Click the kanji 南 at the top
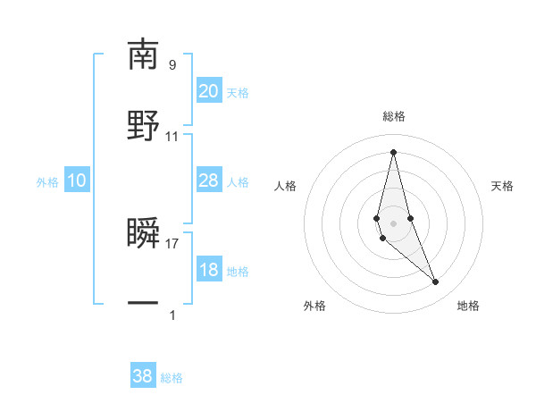pyautogui.click(x=143, y=55)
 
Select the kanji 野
pyautogui.click(x=143, y=124)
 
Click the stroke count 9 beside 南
pyautogui.click(x=172, y=65)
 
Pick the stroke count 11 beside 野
pyautogui.click(x=172, y=136)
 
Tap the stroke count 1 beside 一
pyautogui.click(x=172, y=315)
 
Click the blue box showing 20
pyautogui.click(x=209, y=91)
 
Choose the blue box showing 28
pyautogui.click(x=209, y=181)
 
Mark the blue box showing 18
pyautogui.click(x=209, y=271)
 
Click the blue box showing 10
pyautogui.click(x=77, y=181)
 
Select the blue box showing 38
pyautogui.click(x=143, y=377)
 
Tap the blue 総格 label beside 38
pyautogui.click(x=172, y=378)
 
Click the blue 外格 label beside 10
pyautogui.click(x=47, y=182)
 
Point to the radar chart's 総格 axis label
pyautogui.click(x=393, y=116)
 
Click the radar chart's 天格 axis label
pyautogui.click(x=502, y=186)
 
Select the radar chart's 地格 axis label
pyautogui.click(x=468, y=306)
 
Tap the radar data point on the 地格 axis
pyautogui.click(x=436, y=282)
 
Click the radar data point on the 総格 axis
pyautogui.click(x=393, y=152)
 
